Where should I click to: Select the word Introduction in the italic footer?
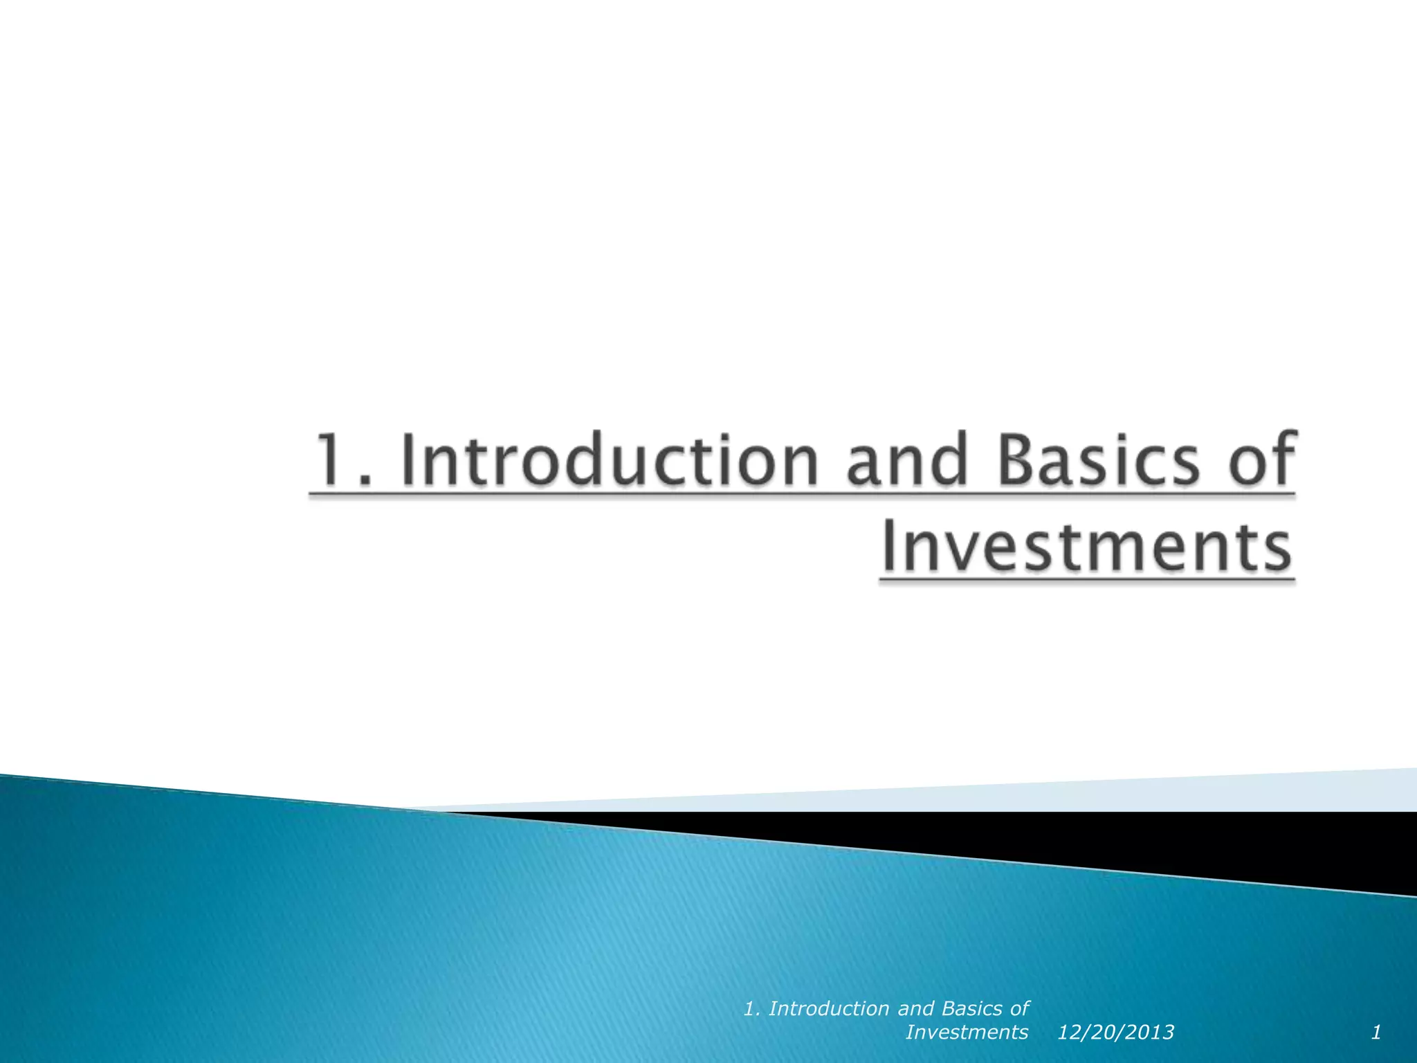tap(830, 1009)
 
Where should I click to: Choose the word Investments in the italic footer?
tap(967, 1033)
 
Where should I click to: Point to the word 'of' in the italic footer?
tap(1020, 1009)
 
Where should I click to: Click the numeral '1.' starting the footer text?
tap(752, 1009)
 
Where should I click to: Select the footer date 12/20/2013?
tap(1115, 1033)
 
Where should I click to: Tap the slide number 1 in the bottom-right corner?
tap(1376, 1033)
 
